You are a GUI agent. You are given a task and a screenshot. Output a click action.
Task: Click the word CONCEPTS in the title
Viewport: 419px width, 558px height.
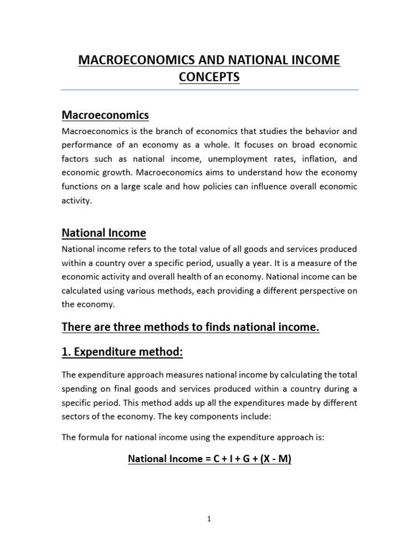(209, 77)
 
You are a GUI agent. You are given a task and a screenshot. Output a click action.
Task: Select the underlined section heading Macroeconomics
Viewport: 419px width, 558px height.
(105, 115)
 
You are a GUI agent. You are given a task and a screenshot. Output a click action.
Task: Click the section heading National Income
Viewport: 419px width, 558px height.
(104, 233)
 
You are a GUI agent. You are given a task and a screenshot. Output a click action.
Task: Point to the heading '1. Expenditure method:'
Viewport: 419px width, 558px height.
(122, 353)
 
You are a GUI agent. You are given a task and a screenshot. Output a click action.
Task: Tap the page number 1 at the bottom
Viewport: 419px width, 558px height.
(209, 519)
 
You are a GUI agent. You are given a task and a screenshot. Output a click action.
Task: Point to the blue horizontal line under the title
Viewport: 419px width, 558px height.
(209, 90)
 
